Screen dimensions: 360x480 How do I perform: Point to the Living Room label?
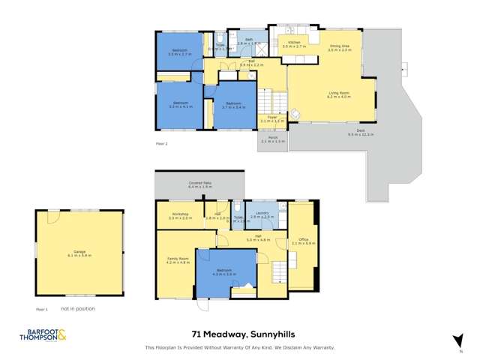point(339,94)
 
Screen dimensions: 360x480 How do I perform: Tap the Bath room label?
point(244,43)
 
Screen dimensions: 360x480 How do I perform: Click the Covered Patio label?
point(199,184)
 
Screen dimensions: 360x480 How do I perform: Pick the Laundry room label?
point(262,214)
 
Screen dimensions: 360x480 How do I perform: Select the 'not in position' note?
point(78,308)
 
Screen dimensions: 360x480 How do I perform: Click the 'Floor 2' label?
point(161,142)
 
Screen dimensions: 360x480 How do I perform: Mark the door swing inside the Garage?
point(53,217)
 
